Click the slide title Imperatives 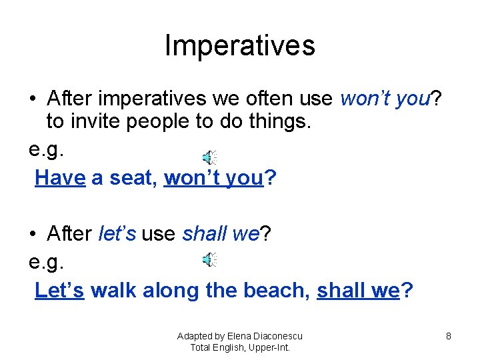[239, 46]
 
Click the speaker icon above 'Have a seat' [209, 157]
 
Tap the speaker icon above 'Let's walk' [209, 259]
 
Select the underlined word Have [60, 178]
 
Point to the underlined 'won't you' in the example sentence [213, 178]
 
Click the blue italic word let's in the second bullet [117, 234]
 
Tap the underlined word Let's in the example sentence [59, 291]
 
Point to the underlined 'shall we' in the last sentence [358, 291]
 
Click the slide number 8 [449, 337]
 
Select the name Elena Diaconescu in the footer [265, 336]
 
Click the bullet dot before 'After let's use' [33, 235]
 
